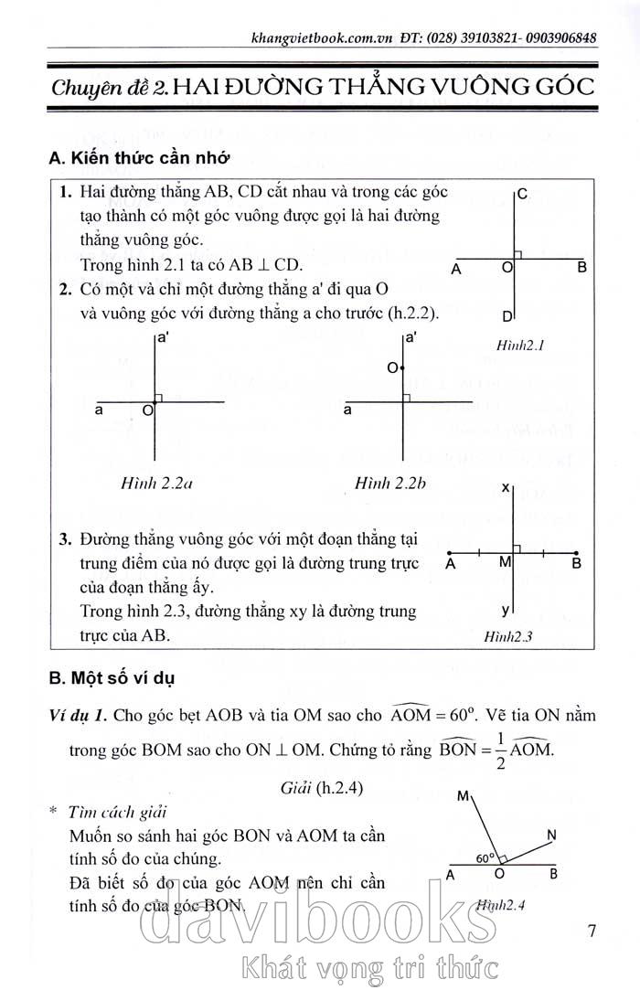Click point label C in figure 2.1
[x=521, y=194]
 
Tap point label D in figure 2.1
[x=507, y=316]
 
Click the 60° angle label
[x=485, y=858]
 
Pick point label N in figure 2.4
[x=551, y=835]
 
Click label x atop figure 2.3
[x=506, y=489]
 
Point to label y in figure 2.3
[x=506, y=609]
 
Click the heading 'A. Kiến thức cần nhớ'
[x=138, y=158]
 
